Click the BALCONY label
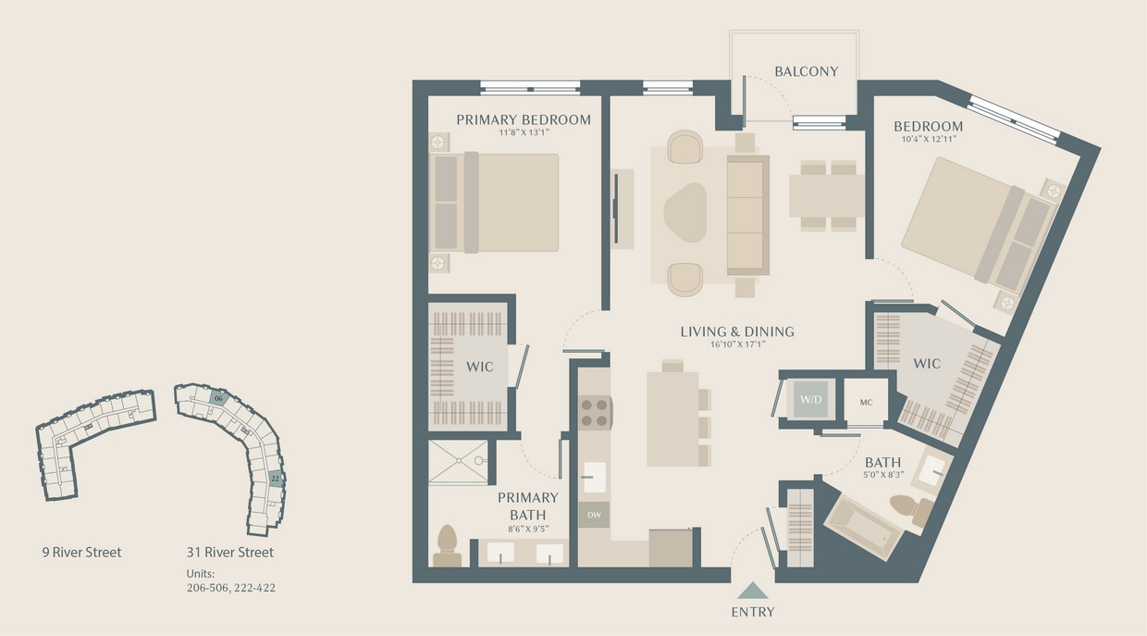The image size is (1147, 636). pos(806,71)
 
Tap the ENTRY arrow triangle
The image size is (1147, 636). pos(753,590)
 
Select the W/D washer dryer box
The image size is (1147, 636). pos(811,400)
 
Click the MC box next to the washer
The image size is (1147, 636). pos(866,401)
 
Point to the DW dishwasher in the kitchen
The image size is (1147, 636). pos(593,514)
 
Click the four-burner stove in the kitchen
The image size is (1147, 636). pos(594,411)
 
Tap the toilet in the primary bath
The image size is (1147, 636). pos(447,544)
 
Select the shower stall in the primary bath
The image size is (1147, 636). pos(458,461)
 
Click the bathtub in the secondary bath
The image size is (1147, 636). pos(862,527)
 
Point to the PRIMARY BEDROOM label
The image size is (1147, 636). pos(523,119)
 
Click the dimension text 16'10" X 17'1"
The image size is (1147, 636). pos(737,344)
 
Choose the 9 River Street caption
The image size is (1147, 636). pos(81,553)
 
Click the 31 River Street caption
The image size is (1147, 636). pos(229,553)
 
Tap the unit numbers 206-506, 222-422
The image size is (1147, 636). pos(230,587)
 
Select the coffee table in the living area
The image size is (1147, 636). pos(685,212)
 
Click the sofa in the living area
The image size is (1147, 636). pos(747,214)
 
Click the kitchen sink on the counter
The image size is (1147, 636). pos(594,476)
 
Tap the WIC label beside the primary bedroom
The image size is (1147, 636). pos(479,367)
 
